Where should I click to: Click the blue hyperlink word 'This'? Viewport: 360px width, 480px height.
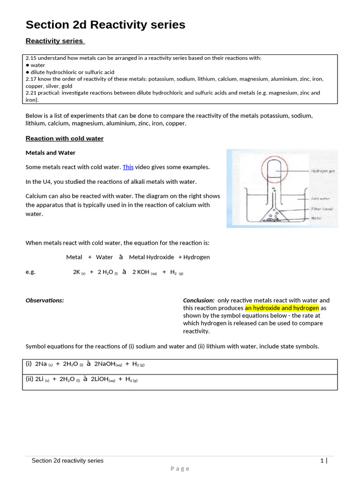click(128, 167)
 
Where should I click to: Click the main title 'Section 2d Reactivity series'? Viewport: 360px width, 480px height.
click(105, 25)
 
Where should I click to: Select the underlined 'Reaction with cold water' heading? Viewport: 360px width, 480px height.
click(64, 138)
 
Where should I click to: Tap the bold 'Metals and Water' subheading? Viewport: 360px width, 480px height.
click(50, 153)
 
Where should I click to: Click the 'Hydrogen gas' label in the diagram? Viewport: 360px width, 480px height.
click(322, 171)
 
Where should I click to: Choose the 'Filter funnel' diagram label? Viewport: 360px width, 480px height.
click(322, 209)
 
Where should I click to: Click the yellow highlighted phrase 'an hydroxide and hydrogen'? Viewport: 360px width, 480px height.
click(282, 308)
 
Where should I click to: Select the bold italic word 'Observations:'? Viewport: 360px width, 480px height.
click(45, 300)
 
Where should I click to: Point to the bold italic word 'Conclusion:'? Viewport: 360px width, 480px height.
click(199, 300)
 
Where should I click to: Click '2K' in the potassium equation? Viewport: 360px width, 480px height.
click(76, 272)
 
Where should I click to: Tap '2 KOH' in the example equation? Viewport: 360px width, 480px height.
click(141, 272)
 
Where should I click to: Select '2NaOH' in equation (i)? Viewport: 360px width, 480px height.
click(105, 364)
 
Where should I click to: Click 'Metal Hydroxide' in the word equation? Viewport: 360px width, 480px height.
click(151, 257)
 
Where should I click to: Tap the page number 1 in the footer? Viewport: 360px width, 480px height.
click(322, 461)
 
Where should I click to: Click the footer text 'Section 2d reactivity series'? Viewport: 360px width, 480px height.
click(67, 461)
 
